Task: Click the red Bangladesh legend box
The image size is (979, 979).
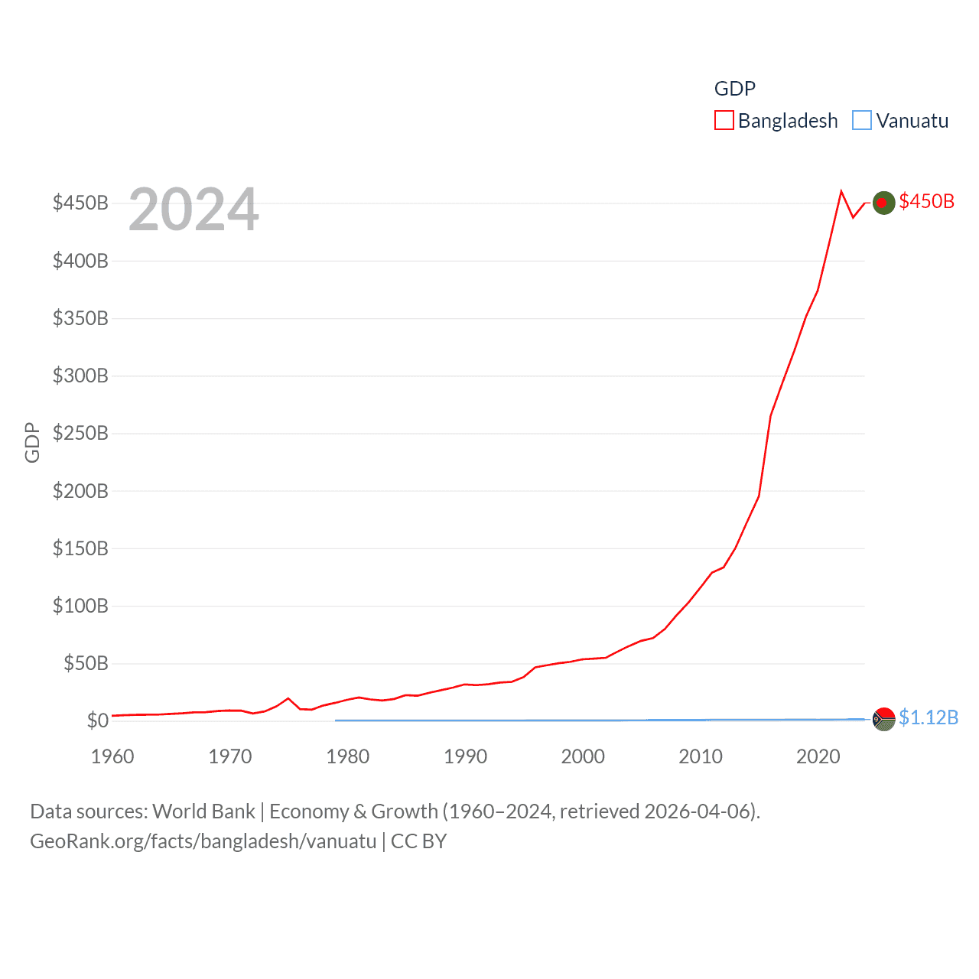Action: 724,121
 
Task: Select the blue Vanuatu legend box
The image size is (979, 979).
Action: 862,121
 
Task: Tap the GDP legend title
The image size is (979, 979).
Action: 734,89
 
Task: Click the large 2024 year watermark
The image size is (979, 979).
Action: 194,210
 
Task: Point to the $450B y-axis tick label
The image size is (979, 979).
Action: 80,203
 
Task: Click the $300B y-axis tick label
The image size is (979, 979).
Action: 80,376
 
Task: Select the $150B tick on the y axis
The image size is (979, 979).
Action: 80,548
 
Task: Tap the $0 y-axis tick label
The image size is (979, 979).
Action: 97,720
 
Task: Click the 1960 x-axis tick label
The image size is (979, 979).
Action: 112,756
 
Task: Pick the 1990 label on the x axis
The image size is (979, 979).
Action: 465,756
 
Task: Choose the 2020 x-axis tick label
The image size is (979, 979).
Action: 818,756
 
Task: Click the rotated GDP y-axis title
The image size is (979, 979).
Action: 32,442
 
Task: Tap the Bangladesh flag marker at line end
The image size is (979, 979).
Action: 883,203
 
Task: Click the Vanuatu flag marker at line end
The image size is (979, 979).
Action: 883,719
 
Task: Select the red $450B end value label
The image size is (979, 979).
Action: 926,201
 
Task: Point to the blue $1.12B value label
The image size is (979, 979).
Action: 928,717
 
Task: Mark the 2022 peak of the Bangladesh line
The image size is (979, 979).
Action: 841,191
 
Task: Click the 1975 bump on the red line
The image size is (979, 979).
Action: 288,698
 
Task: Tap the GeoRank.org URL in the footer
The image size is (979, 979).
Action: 203,841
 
